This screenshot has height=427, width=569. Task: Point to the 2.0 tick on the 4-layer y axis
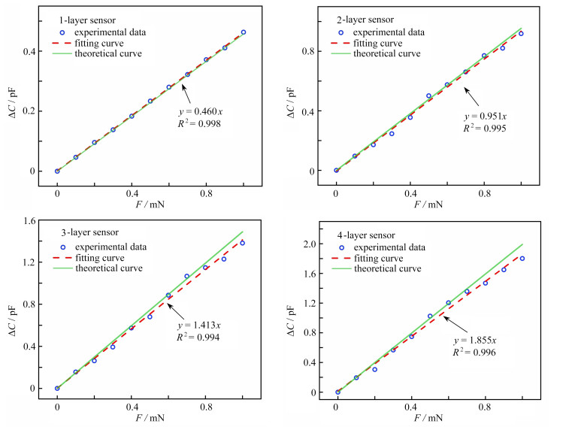coord(313,244)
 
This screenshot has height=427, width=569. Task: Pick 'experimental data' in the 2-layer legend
coord(392,32)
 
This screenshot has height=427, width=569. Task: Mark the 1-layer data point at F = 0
coord(57,171)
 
